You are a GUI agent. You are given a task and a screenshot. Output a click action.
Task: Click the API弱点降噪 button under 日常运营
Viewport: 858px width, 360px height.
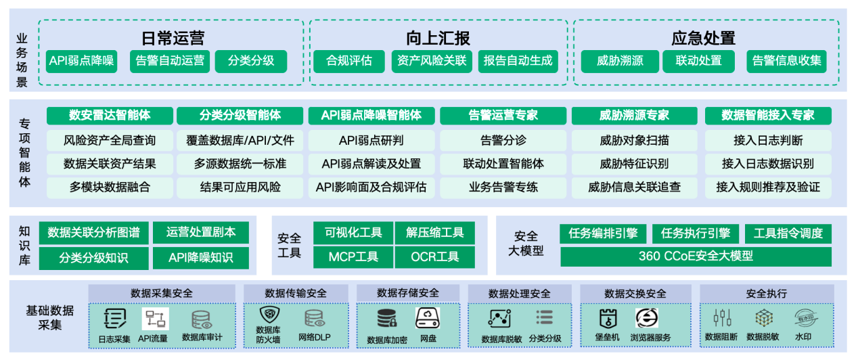point(82,61)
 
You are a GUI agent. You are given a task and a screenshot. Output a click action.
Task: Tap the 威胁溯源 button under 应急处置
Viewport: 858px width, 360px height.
point(620,61)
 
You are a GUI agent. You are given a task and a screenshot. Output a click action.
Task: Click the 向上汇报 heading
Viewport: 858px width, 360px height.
point(438,38)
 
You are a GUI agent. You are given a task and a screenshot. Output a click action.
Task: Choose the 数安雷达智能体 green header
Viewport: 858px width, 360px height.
point(109,116)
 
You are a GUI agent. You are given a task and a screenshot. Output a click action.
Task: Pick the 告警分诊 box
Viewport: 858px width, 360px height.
point(503,141)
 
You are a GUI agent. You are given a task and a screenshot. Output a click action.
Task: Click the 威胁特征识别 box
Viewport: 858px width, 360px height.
point(634,164)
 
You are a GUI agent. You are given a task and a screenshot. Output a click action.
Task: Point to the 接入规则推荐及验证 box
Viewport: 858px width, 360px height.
point(767,187)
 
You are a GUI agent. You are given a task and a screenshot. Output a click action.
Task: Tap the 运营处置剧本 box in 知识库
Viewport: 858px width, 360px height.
point(201,233)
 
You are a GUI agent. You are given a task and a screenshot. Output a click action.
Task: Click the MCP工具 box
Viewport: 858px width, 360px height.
point(353,256)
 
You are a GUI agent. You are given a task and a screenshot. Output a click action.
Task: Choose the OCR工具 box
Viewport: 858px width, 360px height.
point(434,256)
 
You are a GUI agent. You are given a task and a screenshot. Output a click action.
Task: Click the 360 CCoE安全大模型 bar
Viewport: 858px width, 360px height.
point(696,256)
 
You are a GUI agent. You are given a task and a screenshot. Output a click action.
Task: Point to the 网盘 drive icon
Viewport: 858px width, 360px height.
point(428,317)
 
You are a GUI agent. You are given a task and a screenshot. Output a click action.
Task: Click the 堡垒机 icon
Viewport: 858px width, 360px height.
point(608,318)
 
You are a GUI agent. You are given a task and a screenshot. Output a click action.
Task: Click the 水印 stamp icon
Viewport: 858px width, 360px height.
point(803,317)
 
